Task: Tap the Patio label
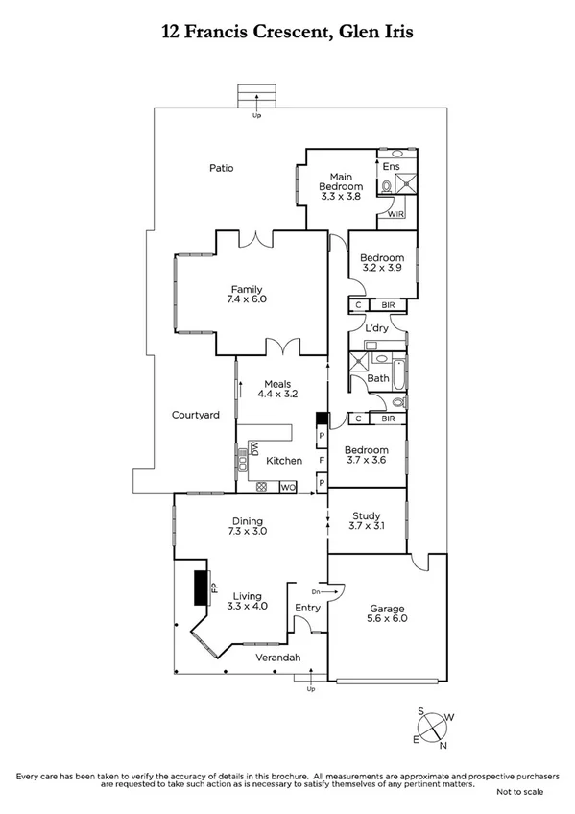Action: (x=222, y=168)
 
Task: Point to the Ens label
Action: (x=391, y=167)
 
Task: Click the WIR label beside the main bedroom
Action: (x=396, y=214)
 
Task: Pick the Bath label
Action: (x=377, y=379)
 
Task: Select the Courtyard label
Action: (x=196, y=415)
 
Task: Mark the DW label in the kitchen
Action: (x=254, y=449)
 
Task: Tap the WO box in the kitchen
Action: (x=287, y=488)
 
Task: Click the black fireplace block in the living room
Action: (x=200, y=587)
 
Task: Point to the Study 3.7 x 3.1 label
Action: (x=367, y=520)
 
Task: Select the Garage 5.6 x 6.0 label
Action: (x=388, y=614)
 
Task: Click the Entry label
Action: (x=307, y=608)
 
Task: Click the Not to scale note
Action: (x=518, y=792)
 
